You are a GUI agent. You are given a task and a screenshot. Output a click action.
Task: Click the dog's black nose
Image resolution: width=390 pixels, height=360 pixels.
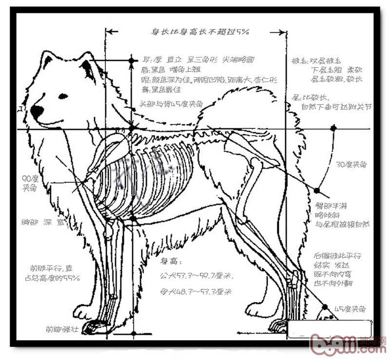pyautogui.click(x=37, y=112)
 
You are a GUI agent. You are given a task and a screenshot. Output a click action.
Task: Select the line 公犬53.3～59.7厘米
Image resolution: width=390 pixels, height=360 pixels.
pyautogui.click(x=196, y=276)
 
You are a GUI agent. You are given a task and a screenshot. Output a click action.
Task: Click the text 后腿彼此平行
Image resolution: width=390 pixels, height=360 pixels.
pyautogui.click(x=337, y=256)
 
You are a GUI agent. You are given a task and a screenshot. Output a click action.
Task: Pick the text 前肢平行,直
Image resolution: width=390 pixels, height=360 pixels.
pyautogui.click(x=51, y=268)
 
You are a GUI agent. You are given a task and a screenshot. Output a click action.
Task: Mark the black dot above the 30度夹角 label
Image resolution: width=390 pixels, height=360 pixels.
pyautogui.click(x=333, y=128)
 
